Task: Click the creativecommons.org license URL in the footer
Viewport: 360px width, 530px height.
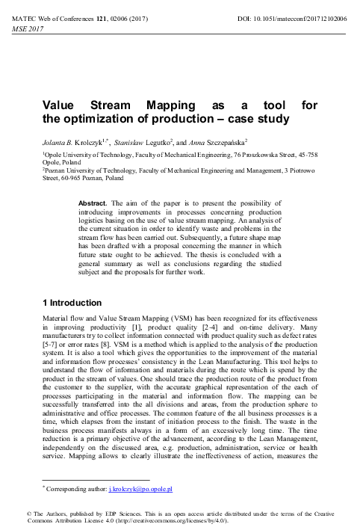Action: [x=154, y=523]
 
